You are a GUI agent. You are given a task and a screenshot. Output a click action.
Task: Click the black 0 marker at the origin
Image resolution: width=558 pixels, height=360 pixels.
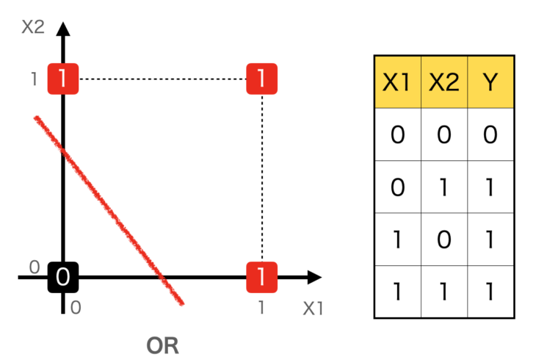tap(63, 277)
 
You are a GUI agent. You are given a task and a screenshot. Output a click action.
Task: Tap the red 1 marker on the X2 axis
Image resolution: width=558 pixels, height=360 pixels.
tap(63, 78)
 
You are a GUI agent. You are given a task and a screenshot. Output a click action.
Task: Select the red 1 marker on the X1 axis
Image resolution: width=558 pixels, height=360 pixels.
tap(261, 277)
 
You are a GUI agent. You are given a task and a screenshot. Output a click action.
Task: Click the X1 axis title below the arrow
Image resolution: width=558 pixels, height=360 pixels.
tap(313, 309)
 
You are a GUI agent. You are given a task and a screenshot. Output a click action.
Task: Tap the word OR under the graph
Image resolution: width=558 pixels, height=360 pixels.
tap(162, 345)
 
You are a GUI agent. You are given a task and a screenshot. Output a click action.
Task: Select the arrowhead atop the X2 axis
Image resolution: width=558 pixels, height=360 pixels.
tap(63, 29)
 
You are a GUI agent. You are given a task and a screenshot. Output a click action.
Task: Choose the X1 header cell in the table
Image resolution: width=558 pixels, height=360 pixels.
tap(397, 82)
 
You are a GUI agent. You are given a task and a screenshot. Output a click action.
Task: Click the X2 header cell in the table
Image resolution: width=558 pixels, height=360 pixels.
tap(444, 82)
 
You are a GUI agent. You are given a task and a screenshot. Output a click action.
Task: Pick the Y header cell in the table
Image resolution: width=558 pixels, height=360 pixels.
tap(491, 82)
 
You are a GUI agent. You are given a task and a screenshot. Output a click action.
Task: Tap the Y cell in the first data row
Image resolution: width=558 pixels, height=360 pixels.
tap(491, 135)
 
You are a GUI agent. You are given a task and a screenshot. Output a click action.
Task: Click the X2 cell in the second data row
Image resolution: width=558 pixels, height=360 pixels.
tap(444, 187)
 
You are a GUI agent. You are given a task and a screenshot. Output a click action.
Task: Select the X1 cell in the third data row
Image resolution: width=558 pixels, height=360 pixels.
tap(397, 240)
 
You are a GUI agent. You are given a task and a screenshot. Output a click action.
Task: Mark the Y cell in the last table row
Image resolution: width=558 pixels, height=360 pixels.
tap(491, 292)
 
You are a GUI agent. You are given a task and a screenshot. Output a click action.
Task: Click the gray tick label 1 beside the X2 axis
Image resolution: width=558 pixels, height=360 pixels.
tap(34, 79)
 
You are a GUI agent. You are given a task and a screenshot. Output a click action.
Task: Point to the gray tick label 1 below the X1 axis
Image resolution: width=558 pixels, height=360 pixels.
tap(261, 308)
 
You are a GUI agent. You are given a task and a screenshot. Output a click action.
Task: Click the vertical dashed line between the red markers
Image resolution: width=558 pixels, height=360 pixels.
tap(262, 176)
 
